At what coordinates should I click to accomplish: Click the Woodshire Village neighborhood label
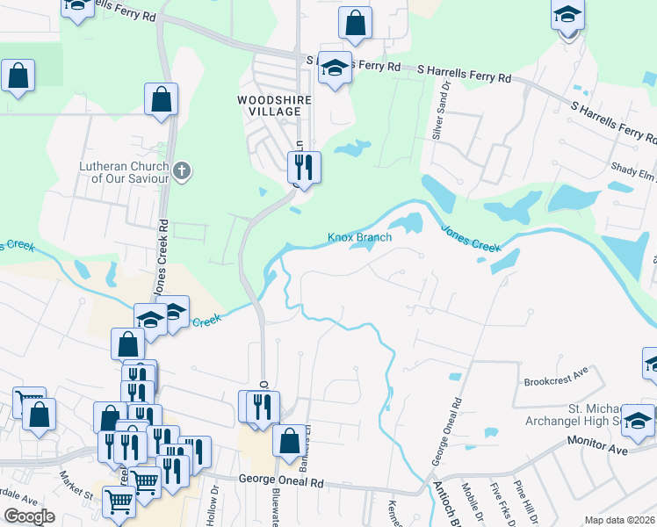275,106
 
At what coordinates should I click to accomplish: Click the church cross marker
182,170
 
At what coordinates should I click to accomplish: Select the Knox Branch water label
359,237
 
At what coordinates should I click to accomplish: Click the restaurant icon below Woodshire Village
304,167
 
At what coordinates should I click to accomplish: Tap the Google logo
30,516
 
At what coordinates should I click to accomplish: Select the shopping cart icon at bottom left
118,503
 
